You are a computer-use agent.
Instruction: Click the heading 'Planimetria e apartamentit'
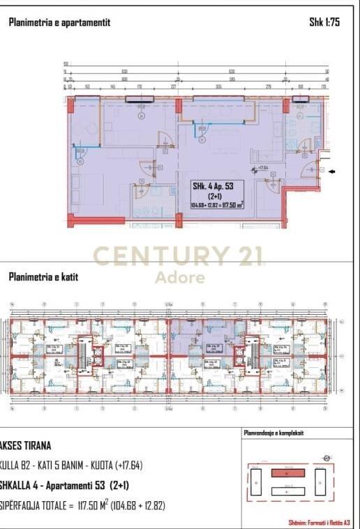[x=59, y=22]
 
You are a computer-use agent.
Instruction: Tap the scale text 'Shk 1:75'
[x=324, y=22]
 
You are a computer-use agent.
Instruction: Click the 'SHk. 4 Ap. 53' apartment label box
[x=218, y=195]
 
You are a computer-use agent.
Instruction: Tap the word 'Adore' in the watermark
[x=179, y=278]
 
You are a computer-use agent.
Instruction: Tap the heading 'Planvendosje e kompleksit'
[x=273, y=433]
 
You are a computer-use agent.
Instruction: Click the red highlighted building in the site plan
[x=287, y=472]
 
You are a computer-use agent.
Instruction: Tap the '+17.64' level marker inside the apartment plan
[x=262, y=168]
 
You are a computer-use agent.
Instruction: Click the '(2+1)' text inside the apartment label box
[x=217, y=197]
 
